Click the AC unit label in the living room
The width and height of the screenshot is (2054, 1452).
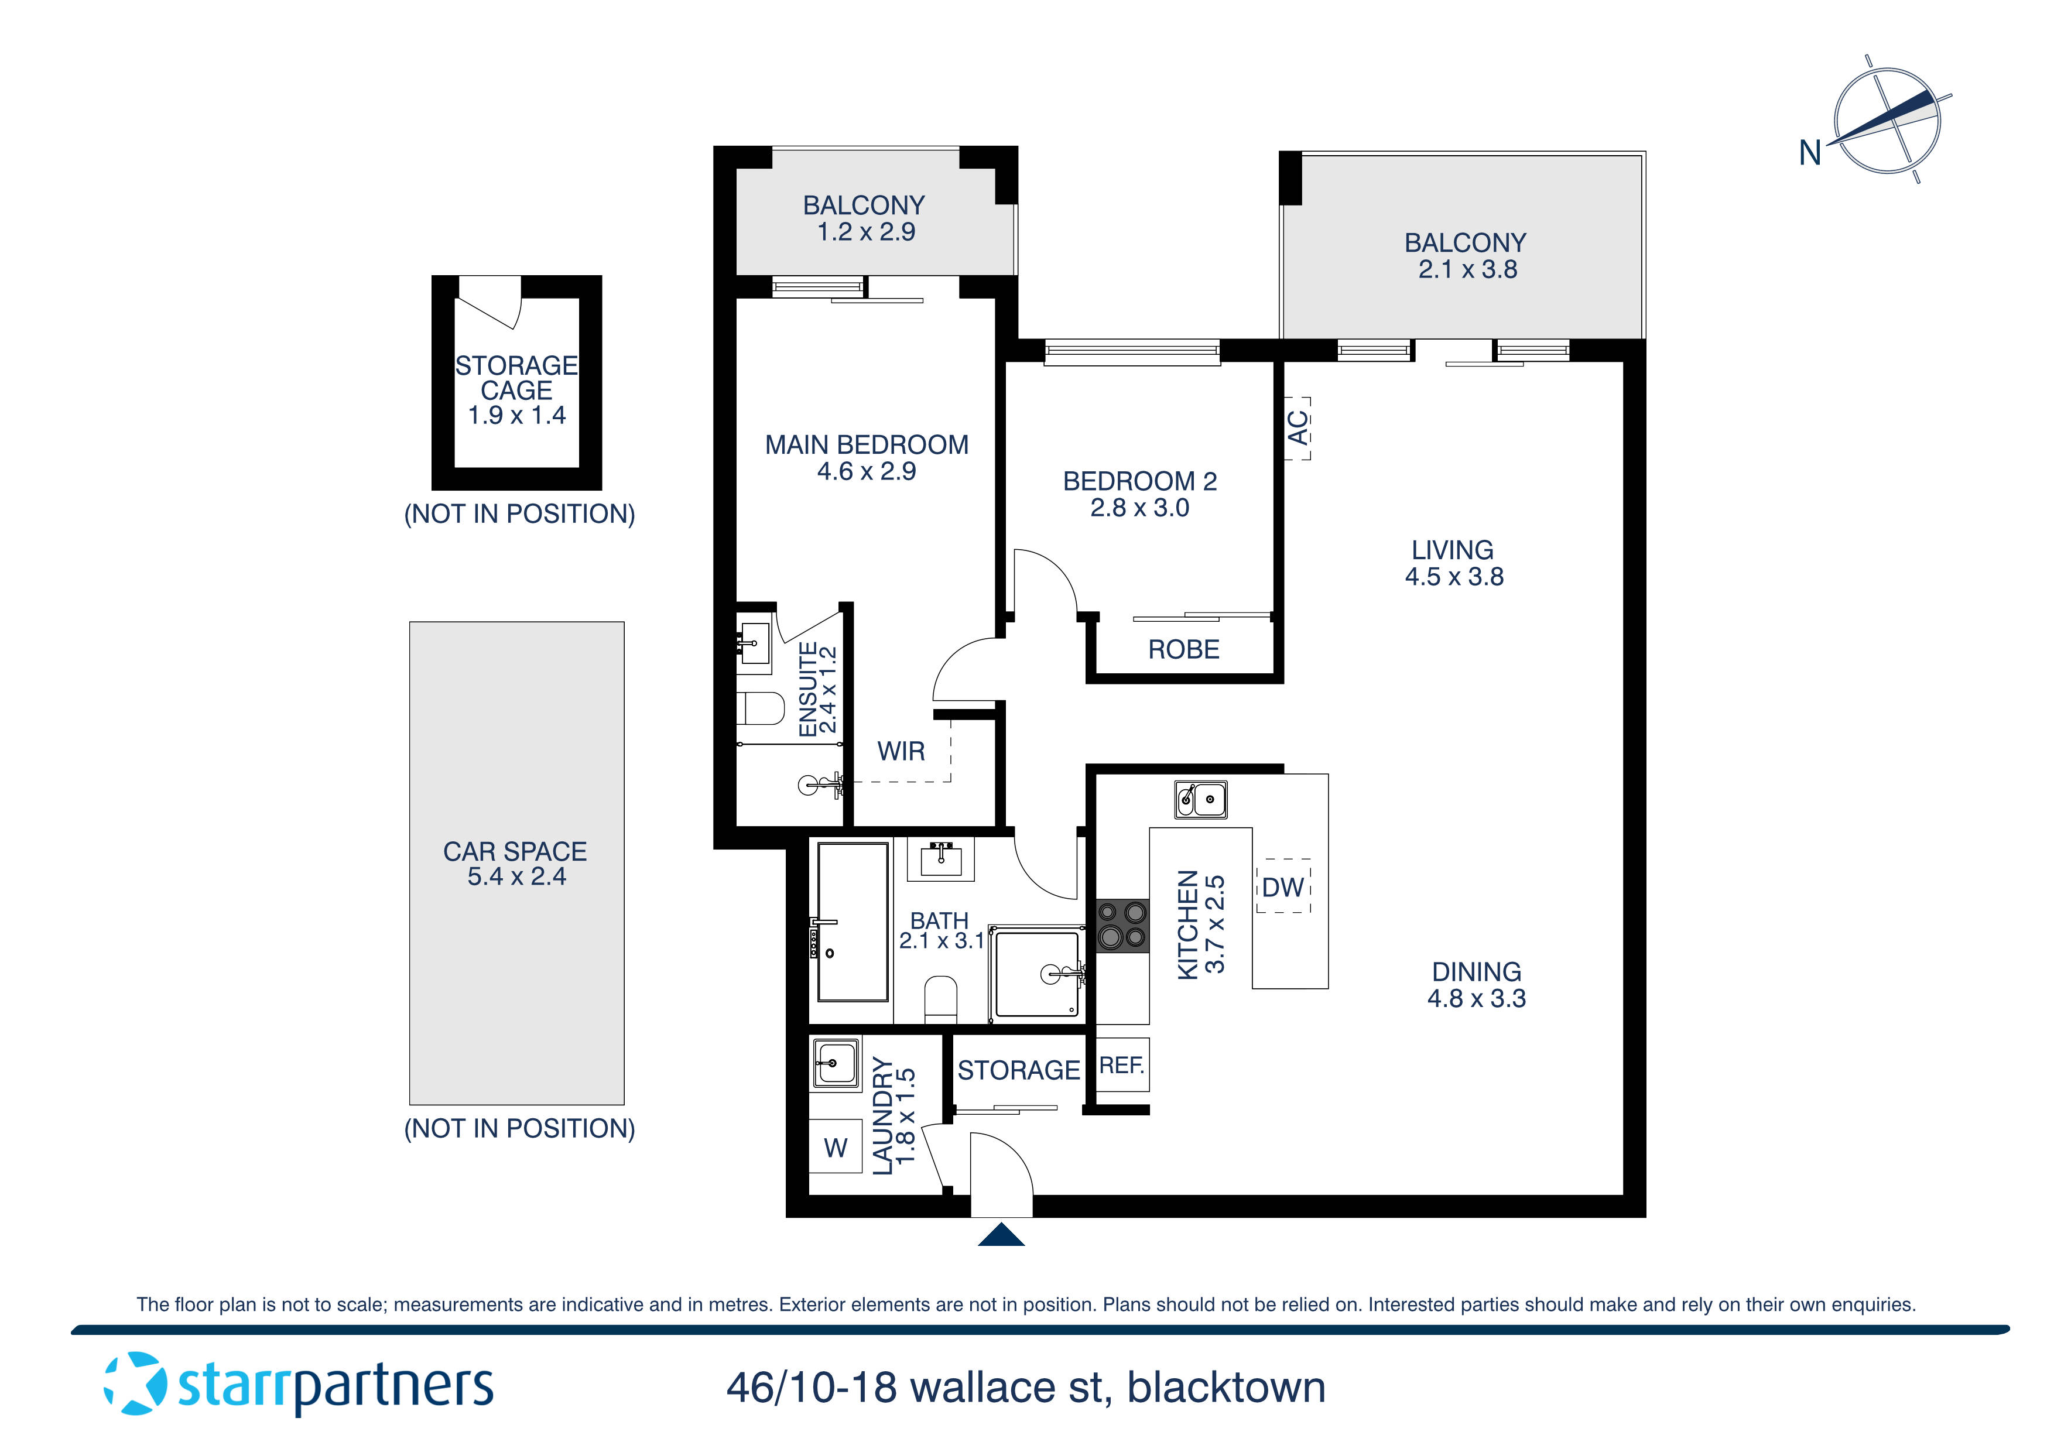[1297, 429]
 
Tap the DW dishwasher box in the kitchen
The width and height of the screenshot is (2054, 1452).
[1283, 886]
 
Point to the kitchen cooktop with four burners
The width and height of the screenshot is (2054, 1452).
[1122, 925]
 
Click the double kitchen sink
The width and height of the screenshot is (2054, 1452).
[1200, 799]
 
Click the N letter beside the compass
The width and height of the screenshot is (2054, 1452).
[1810, 153]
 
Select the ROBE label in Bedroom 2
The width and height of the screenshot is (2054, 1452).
[1183, 649]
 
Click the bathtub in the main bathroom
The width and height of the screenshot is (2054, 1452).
[853, 922]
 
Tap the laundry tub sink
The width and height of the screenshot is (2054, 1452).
[836, 1062]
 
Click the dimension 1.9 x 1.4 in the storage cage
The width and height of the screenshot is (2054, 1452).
[516, 415]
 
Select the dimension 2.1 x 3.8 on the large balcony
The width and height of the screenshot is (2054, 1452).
[1467, 269]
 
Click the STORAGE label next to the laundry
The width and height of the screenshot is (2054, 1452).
[1018, 1070]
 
